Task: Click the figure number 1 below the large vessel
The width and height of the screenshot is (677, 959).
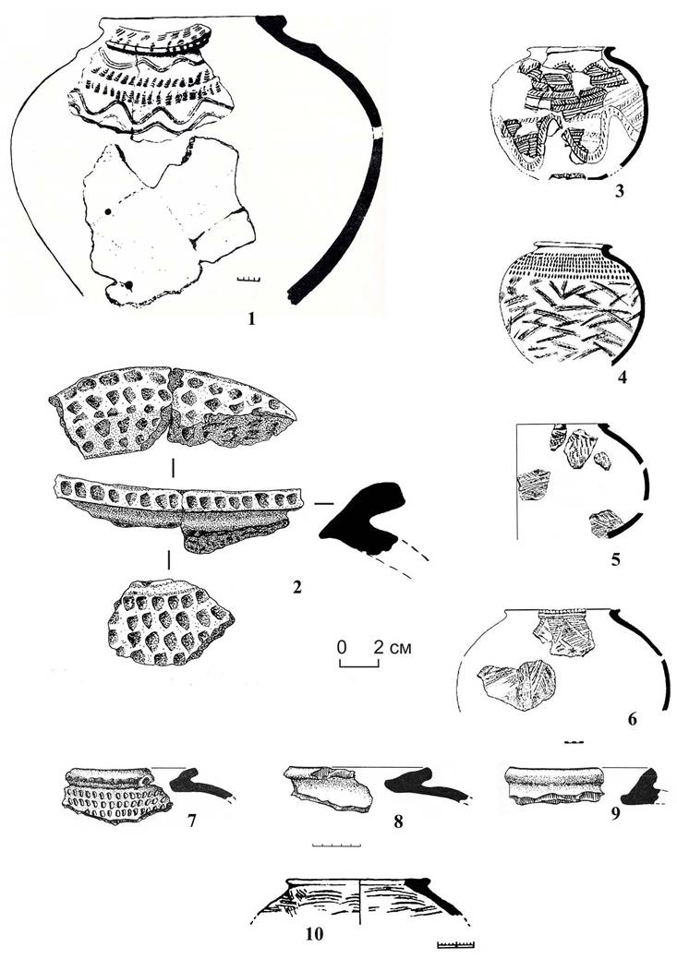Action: pos(249,318)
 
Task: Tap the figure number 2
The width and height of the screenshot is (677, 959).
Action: pos(296,587)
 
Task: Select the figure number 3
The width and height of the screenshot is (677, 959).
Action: pos(620,192)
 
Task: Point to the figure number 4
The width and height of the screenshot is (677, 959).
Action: pos(622,378)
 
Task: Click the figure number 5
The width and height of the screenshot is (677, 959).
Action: pos(616,558)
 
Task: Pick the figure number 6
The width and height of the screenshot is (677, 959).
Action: pos(633,719)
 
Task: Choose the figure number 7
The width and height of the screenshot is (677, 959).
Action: pos(191,821)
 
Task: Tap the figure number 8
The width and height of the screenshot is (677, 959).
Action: pos(398,821)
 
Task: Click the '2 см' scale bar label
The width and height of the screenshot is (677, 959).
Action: pos(393,647)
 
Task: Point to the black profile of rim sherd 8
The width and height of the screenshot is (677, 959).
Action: pos(426,785)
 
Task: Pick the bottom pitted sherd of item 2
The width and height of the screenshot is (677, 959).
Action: pos(170,623)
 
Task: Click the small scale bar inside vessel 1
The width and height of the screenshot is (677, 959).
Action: pos(248,280)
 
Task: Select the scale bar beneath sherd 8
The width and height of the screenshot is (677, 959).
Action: pos(336,845)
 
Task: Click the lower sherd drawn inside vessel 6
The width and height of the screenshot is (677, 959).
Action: pos(518,685)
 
